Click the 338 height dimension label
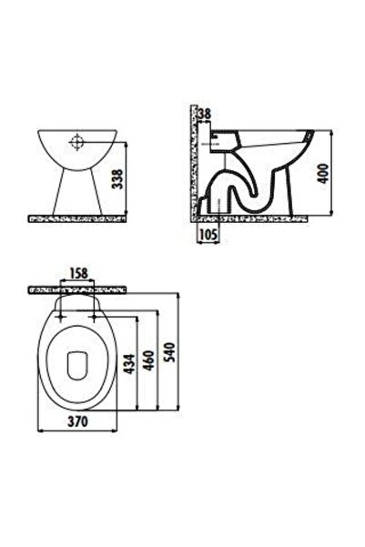click(x=117, y=179)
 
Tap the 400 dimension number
click(x=324, y=173)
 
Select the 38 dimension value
click(x=205, y=114)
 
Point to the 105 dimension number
click(x=208, y=235)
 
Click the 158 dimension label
click(x=78, y=273)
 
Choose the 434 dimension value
click(x=129, y=364)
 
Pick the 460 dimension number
click(x=149, y=360)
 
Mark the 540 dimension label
click(x=169, y=352)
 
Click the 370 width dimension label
click(x=77, y=421)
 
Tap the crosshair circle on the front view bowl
click(x=76, y=142)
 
